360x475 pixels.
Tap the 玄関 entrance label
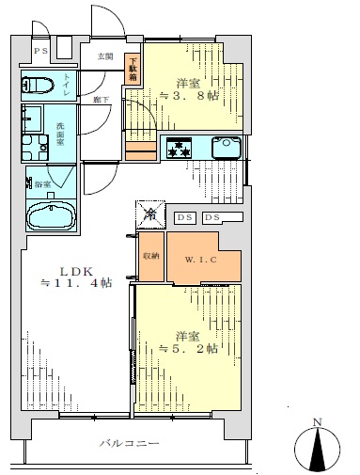(105, 55)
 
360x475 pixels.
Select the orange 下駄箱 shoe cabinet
(134, 68)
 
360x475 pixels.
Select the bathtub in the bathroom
(54, 217)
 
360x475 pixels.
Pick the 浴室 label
(43, 184)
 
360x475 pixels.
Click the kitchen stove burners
(179, 147)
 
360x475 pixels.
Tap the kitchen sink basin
(227, 147)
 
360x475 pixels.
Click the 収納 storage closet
(151, 255)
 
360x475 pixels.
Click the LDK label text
(71, 267)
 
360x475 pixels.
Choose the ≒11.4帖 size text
(75, 282)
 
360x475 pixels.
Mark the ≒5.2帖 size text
(189, 348)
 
